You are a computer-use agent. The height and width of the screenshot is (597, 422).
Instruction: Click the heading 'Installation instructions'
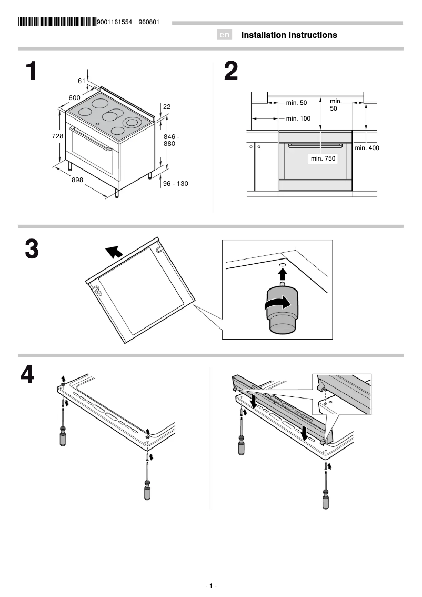click(x=289, y=35)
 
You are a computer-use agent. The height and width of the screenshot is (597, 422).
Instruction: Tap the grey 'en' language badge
click(x=225, y=35)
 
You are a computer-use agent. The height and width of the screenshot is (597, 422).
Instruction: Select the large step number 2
click(x=230, y=72)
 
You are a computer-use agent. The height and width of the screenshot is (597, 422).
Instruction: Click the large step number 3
click(x=32, y=249)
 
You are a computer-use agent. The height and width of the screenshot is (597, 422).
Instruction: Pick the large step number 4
click(x=28, y=375)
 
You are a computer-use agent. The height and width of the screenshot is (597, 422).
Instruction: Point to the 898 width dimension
click(x=77, y=180)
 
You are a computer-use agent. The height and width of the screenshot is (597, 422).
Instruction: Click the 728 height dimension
click(x=57, y=136)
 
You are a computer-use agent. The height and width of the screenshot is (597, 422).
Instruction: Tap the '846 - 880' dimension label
click(x=172, y=140)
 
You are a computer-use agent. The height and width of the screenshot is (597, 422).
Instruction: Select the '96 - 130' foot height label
click(x=175, y=184)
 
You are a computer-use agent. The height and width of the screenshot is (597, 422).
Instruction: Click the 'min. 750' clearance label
click(x=323, y=158)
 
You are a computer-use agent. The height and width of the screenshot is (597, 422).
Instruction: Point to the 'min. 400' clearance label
click(x=367, y=148)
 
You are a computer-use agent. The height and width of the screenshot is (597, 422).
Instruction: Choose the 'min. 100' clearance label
click(x=298, y=118)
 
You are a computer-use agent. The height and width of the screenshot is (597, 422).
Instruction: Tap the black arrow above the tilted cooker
click(x=113, y=252)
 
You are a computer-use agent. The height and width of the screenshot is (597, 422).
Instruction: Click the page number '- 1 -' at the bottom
click(x=211, y=586)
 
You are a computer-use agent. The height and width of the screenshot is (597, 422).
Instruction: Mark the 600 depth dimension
click(x=74, y=97)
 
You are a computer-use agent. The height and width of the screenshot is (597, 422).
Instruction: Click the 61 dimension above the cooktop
click(x=82, y=81)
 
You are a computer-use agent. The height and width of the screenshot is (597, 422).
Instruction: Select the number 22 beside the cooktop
click(x=167, y=106)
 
